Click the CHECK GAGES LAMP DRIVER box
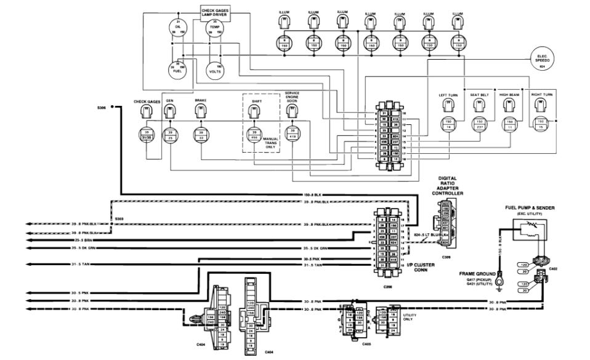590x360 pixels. (x=215, y=12)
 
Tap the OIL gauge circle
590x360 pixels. (x=177, y=28)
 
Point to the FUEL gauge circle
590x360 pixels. (x=177, y=68)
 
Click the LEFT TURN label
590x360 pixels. (x=447, y=95)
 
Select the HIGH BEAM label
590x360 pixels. (x=510, y=95)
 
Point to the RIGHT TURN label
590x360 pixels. (x=541, y=95)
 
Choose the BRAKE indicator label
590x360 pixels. (x=200, y=100)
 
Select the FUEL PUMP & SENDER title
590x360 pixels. (x=527, y=208)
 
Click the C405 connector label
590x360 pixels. (x=366, y=343)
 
